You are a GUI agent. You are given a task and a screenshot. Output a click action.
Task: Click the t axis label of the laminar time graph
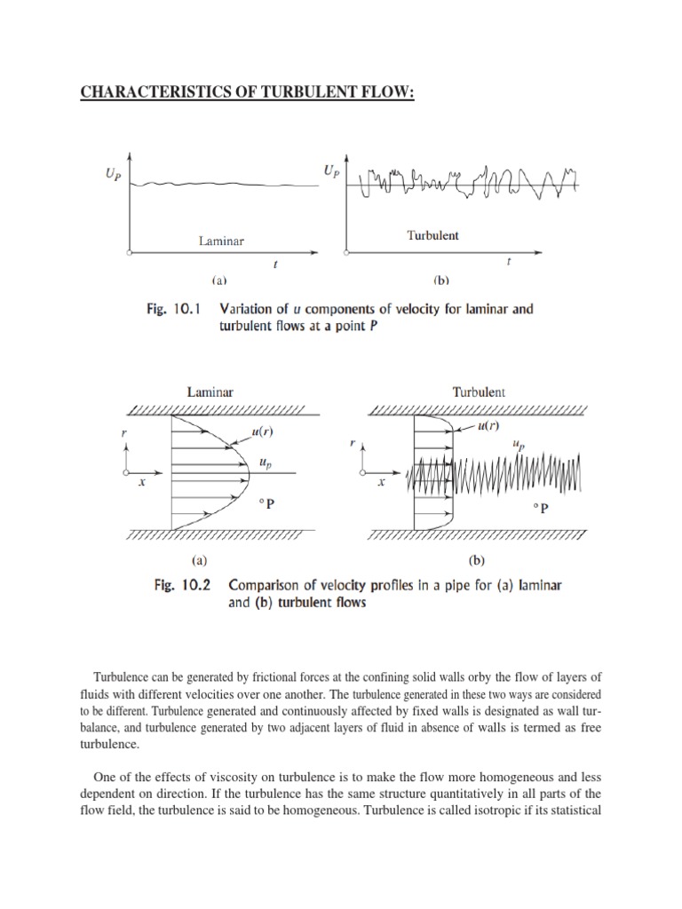[274, 264]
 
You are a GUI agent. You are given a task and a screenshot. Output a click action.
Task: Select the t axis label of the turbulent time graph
[508, 262]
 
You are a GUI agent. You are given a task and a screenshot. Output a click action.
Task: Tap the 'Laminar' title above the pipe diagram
[210, 390]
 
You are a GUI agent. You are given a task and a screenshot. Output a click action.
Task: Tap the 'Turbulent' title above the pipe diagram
[478, 390]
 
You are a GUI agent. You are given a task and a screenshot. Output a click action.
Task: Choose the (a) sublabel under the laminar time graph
[218, 281]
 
